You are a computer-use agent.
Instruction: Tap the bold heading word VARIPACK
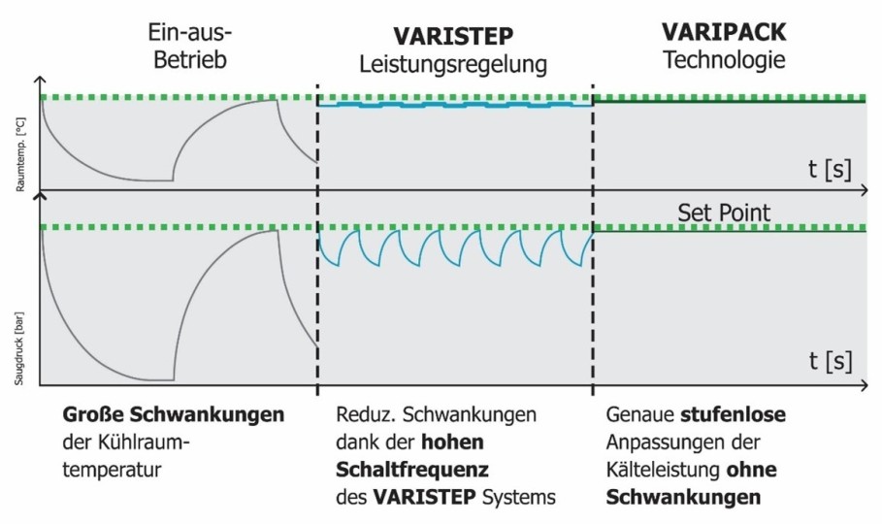[724, 32]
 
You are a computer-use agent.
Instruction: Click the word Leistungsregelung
[453, 65]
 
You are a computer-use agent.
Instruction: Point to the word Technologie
[724, 61]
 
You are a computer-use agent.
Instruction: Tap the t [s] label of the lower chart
[830, 362]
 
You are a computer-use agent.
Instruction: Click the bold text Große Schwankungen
[174, 415]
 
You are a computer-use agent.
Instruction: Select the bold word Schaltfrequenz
[410, 471]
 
